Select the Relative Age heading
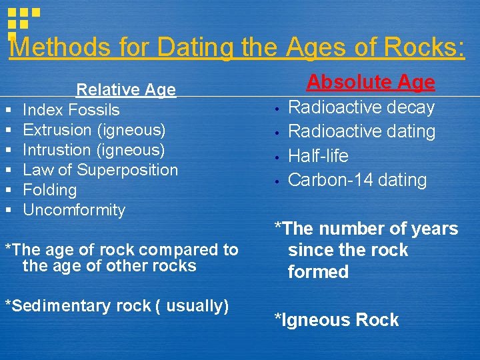(x=126, y=89)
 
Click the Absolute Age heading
(x=371, y=82)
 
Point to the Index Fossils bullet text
(x=71, y=110)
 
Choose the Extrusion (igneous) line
(x=94, y=130)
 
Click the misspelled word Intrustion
(x=55, y=150)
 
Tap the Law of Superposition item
(x=101, y=170)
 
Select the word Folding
(x=50, y=190)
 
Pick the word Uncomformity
(x=74, y=210)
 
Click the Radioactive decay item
(x=361, y=107)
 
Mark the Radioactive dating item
(x=361, y=131)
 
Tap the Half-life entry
(x=318, y=156)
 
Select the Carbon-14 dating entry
(x=357, y=180)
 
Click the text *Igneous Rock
(x=337, y=320)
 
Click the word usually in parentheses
(x=195, y=306)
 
